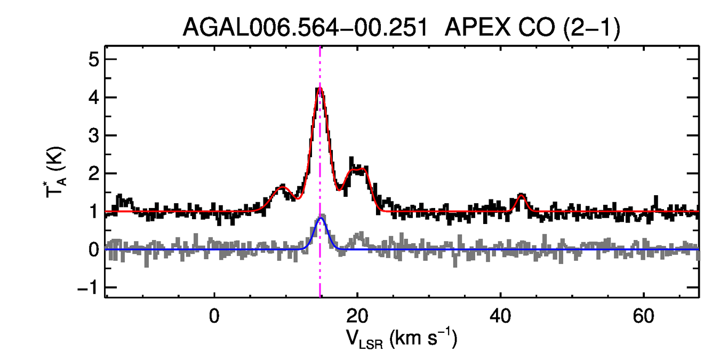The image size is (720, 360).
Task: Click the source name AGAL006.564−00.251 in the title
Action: tap(305, 28)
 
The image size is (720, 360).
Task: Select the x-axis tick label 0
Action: tap(214, 316)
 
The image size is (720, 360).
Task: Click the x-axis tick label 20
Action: tap(357, 316)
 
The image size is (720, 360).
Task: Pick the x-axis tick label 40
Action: tap(500, 316)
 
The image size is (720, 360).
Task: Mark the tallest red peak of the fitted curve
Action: tap(319, 88)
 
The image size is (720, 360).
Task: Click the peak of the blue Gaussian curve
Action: tap(321, 218)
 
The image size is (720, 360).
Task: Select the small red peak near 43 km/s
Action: tap(521, 196)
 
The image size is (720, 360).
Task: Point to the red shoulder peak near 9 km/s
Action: tap(282, 188)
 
